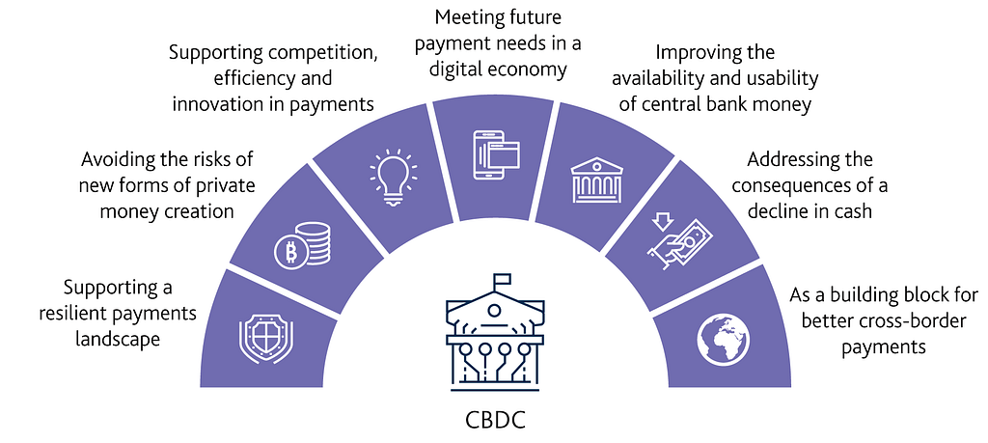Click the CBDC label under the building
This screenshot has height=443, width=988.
click(494, 421)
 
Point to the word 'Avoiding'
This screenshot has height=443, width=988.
click(116, 159)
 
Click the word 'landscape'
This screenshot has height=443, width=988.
click(119, 339)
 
